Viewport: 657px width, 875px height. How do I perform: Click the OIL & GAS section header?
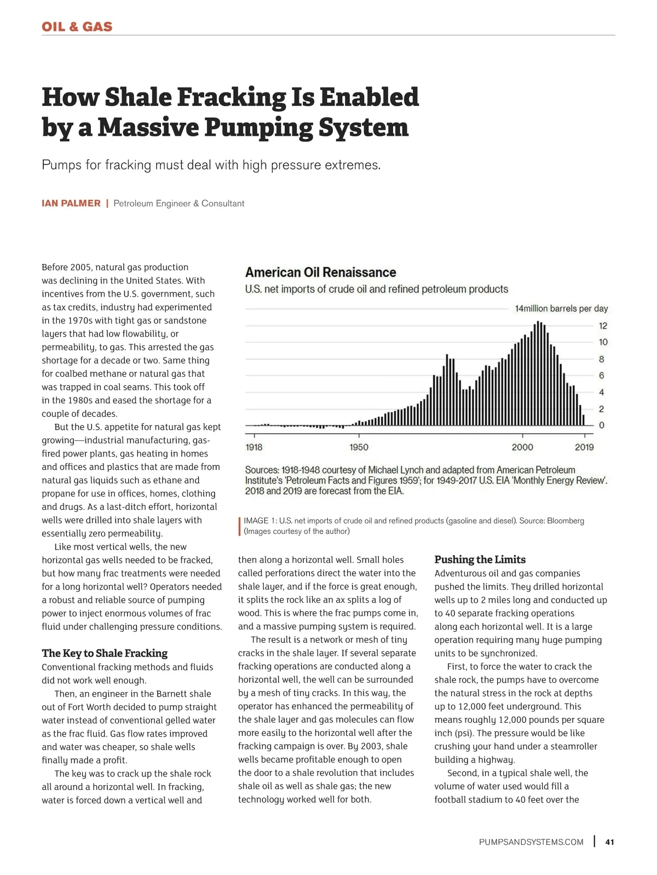[x=77, y=27]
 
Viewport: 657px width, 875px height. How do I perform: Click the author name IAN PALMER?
[x=71, y=204]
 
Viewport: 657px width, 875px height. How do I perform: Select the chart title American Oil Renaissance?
[x=320, y=273]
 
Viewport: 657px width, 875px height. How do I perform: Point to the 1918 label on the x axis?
[x=254, y=447]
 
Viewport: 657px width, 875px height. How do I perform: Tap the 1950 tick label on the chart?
[x=359, y=447]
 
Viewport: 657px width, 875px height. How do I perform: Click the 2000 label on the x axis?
[x=522, y=447]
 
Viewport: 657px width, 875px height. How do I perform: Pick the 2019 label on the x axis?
[x=584, y=447]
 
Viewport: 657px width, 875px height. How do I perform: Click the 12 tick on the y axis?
[x=603, y=326]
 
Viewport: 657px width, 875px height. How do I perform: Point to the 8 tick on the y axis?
[x=602, y=360]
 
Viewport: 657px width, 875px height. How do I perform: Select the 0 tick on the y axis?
[x=602, y=425]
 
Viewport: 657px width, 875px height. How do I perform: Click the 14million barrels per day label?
[x=561, y=309]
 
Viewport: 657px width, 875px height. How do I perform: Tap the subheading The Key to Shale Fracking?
[x=105, y=653]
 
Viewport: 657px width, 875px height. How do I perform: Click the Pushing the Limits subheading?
[x=480, y=560]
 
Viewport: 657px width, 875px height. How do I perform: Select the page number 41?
[x=609, y=842]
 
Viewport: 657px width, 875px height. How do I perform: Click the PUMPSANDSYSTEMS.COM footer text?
[x=531, y=842]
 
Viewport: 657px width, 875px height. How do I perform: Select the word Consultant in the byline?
[x=223, y=204]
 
